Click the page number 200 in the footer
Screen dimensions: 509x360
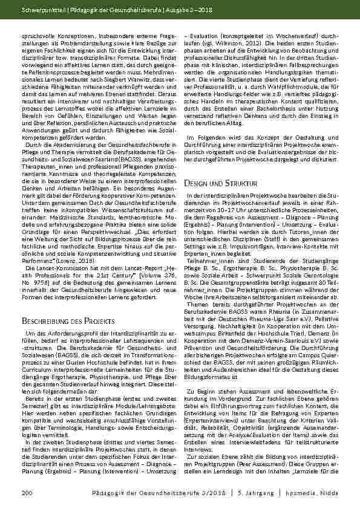[x=26, y=494]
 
